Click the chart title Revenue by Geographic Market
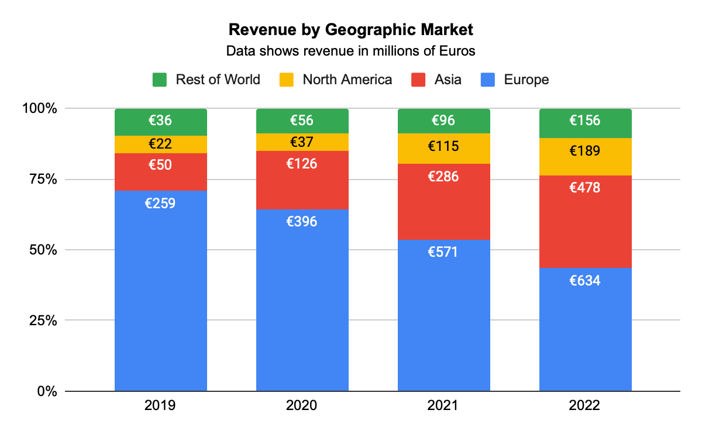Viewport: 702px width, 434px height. [x=350, y=29]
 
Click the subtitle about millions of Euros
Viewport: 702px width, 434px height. [x=350, y=51]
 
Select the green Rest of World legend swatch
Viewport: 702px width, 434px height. [x=160, y=80]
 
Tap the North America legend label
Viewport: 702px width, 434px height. [x=347, y=80]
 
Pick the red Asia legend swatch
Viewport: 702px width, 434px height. [x=418, y=80]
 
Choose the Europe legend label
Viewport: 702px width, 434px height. [x=526, y=80]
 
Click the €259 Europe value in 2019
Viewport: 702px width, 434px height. [x=160, y=204]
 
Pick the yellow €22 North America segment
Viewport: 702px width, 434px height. [x=160, y=144]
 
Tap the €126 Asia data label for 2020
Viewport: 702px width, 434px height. [x=302, y=164]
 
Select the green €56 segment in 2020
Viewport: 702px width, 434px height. [x=302, y=121]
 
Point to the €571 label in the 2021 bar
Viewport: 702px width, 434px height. [x=443, y=252]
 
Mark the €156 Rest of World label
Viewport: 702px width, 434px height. [x=585, y=120]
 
